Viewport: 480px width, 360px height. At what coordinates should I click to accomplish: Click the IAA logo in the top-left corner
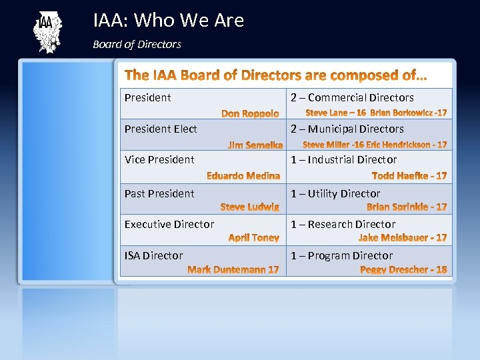point(46,32)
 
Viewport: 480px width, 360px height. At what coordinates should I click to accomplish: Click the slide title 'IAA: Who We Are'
point(169,21)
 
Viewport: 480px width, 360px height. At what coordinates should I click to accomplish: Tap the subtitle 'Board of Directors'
point(137,45)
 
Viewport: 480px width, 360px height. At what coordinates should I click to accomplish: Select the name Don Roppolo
point(250,114)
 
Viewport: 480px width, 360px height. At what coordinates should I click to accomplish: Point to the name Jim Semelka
point(255,145)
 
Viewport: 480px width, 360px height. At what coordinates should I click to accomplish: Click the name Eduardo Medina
point(243,176)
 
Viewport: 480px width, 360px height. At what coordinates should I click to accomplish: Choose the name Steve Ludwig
point(250,207)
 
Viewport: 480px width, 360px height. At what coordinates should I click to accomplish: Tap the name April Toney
point(254,238)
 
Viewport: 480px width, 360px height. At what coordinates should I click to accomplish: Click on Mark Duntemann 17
point(233,269)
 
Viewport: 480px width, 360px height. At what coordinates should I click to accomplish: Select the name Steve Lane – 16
point(335,113)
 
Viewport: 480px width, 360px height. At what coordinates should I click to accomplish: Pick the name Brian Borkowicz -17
point(409,113)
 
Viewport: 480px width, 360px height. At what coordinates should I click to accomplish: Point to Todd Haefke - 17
point(409,176)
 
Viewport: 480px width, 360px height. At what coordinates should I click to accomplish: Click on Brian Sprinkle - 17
point(407,207)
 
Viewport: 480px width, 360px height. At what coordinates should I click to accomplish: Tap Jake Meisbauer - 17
point(403,238)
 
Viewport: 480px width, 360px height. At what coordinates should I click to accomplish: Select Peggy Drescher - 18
point(403,269)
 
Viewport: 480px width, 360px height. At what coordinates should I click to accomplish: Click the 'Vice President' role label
point(159,159)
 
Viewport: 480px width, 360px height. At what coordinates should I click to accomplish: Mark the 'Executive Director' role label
point(169,224)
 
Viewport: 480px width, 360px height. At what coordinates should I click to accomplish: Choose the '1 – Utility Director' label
point(335,193)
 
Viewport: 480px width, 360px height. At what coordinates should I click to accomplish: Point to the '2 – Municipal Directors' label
point(347,129)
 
